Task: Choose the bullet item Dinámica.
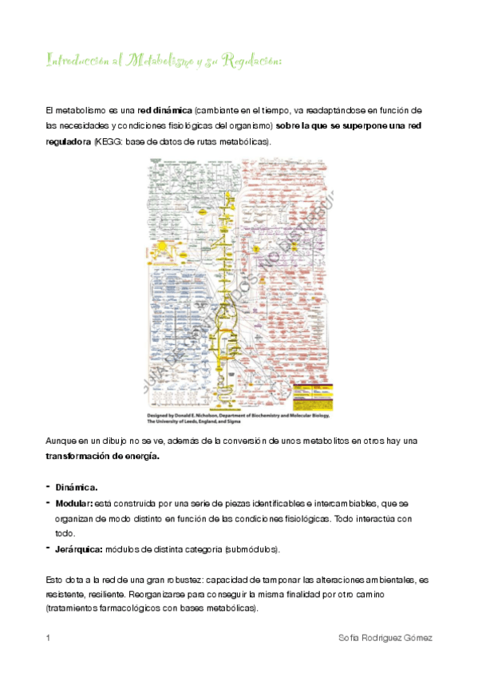click(x=77, y=486)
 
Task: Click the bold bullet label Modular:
click(x=74, y=503)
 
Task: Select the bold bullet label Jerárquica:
click(x=79, y=549)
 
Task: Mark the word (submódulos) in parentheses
click(x=252, y=549)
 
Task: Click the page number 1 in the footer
click(x=48, y=639)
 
